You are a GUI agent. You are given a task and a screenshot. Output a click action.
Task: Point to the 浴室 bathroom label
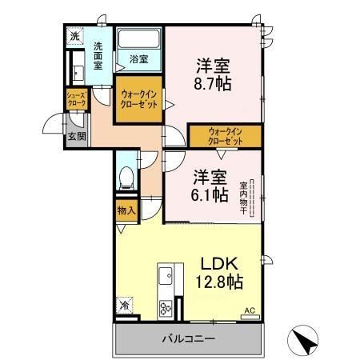(138, 58)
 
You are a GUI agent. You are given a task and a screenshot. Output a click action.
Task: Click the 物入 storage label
(125, 211)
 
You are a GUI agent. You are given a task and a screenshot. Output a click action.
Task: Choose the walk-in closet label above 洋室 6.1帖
(224, 135)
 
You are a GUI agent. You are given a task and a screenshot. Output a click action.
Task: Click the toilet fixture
(125, 178)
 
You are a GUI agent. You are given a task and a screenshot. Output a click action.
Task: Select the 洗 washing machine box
(74, 37)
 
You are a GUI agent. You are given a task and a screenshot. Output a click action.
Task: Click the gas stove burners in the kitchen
(166, 306)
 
